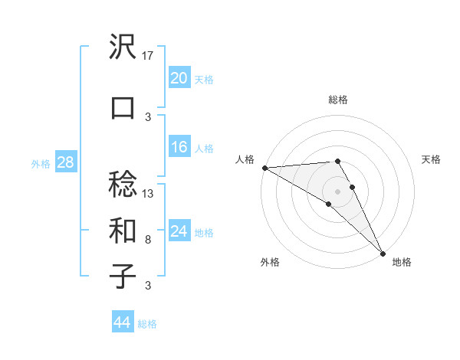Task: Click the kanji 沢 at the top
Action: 123,47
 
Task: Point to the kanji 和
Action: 123,230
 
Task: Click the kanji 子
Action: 123,276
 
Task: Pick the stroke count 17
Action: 149,55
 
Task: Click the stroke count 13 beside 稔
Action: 149,193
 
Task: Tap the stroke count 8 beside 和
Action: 148,239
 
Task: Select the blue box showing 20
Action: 179,78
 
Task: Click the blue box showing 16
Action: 179,147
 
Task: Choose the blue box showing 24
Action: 179,231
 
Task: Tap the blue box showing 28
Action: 65,162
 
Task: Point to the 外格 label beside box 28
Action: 41,163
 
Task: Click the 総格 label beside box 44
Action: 147,324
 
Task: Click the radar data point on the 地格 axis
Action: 383,254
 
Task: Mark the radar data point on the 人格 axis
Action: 264,168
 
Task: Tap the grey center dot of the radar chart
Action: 337,191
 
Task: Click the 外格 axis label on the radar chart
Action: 270,262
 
